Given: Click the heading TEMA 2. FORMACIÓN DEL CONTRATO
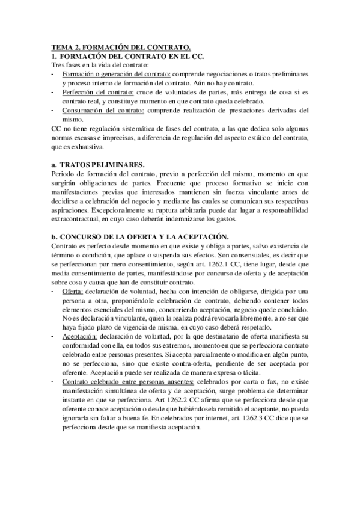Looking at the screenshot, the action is point(121,46).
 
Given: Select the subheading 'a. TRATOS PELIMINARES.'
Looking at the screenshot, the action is point(98,164).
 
